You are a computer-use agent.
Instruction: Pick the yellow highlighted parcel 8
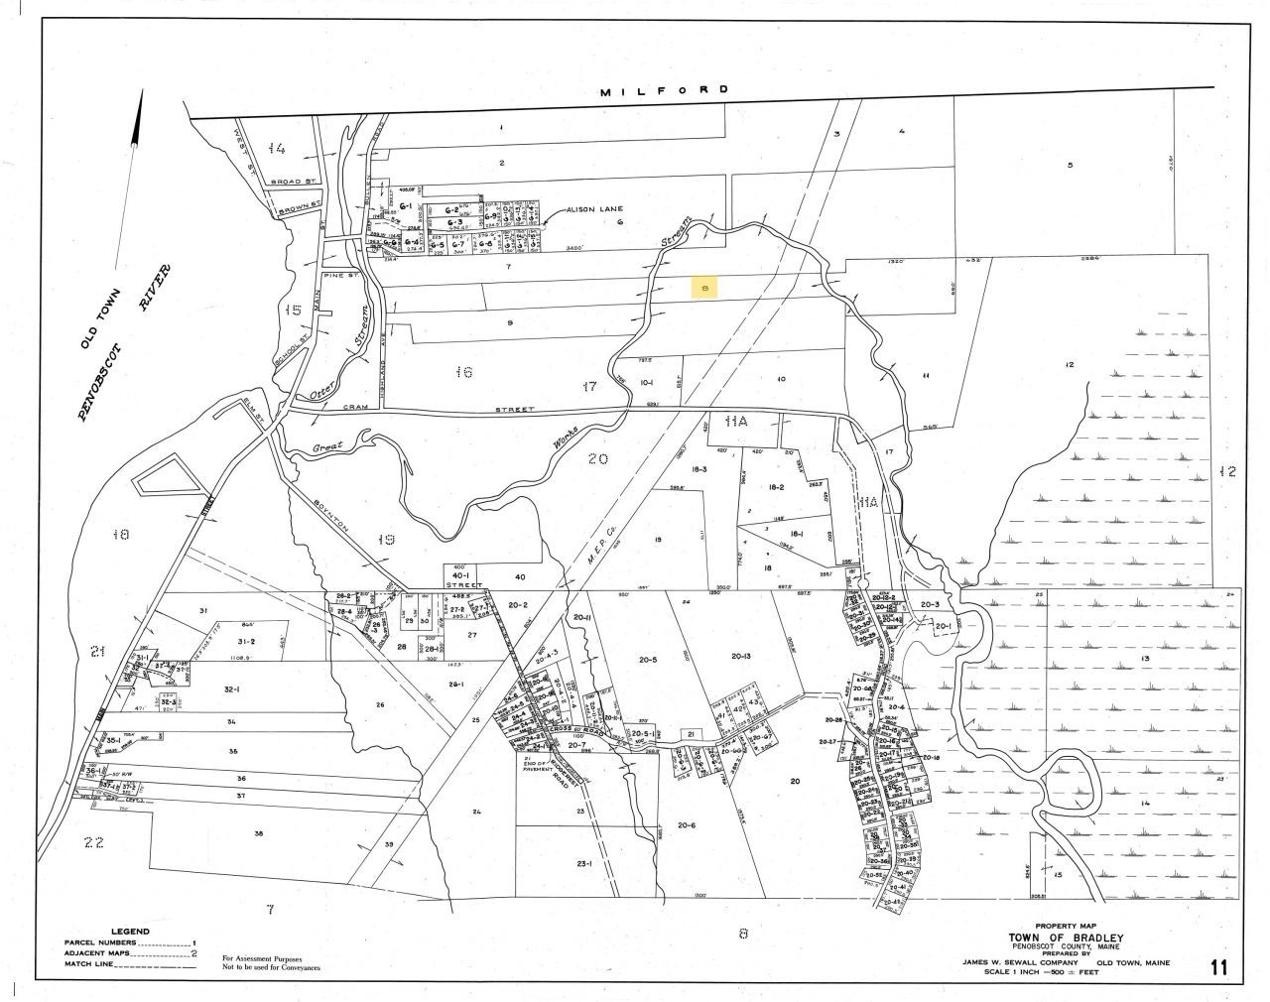(704, 288)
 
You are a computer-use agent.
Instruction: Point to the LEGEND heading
(130, 932)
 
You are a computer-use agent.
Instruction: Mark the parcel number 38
(259, 834)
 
